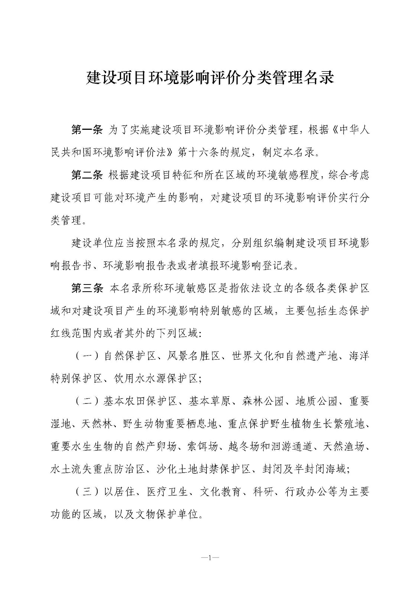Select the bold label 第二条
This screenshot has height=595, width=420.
click(x=87, y=175)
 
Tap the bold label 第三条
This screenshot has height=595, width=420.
click(x=87, y=288)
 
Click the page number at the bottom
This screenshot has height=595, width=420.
click(x=210, y=557)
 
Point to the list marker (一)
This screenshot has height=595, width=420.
click(x=87, y=356)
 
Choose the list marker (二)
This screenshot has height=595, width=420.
click(x=87, y=401)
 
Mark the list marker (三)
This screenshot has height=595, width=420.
click(x=87, y=492)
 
